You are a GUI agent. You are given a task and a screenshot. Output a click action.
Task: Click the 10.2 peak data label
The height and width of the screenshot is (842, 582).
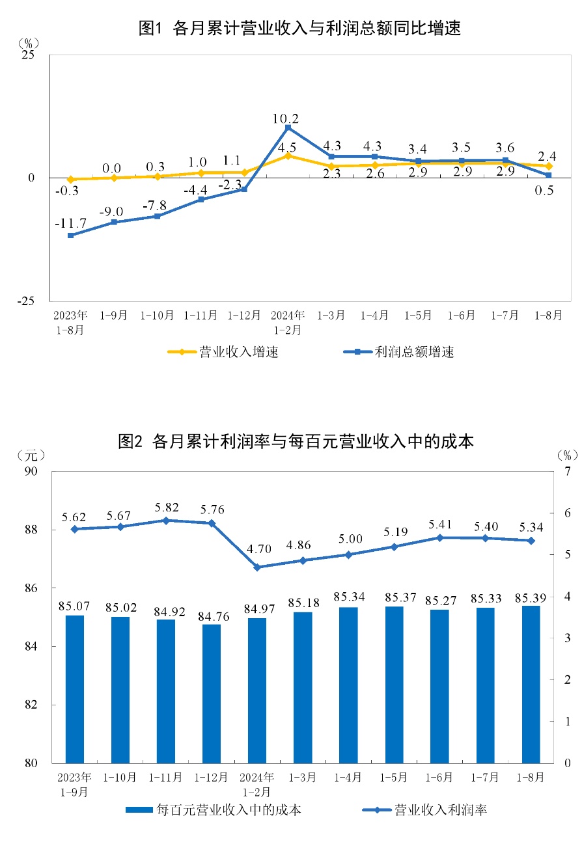[286, 119]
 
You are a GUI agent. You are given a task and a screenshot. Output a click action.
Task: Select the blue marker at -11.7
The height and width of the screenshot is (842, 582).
[70, 235]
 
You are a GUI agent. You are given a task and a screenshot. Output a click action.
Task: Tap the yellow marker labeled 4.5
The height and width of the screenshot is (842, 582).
[288, 156]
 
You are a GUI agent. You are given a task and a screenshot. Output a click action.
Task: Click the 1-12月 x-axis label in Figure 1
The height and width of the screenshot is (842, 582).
[244, 316]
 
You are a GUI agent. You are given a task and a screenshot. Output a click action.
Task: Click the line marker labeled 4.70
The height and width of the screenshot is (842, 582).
[257, 567]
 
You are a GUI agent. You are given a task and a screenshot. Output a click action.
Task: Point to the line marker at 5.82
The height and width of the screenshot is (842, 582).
[165, 521]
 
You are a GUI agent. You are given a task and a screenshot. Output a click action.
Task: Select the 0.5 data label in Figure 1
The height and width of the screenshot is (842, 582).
[544, 191]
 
